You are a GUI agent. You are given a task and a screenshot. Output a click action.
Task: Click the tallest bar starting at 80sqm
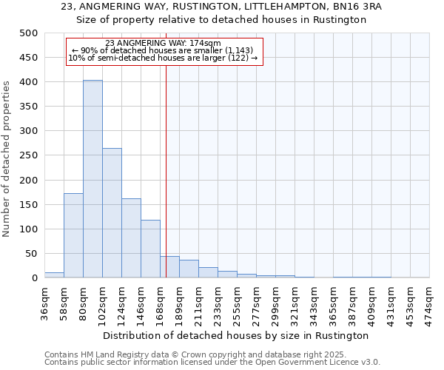[x=92, y=179]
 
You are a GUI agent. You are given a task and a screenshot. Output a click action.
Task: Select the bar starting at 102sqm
[x=112, y=213]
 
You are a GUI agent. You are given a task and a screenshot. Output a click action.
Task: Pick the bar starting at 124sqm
[x=131, y=238]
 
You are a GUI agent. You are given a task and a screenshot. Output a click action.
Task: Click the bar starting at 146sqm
[x=150, y=249]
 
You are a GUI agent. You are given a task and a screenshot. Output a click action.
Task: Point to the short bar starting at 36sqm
[x=54, y=275]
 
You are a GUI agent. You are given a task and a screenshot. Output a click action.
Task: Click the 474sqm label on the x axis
[x=430, y=304]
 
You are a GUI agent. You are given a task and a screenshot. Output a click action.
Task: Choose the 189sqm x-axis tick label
[x=179, y=304]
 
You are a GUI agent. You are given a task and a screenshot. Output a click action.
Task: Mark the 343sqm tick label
[x=314, y=304]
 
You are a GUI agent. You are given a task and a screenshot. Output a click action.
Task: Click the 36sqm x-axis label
[x=44, y=304]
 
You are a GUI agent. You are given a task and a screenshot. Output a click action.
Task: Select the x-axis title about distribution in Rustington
[x=237, y=335]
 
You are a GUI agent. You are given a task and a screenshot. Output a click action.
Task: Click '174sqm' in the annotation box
[x=206, y=44]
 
